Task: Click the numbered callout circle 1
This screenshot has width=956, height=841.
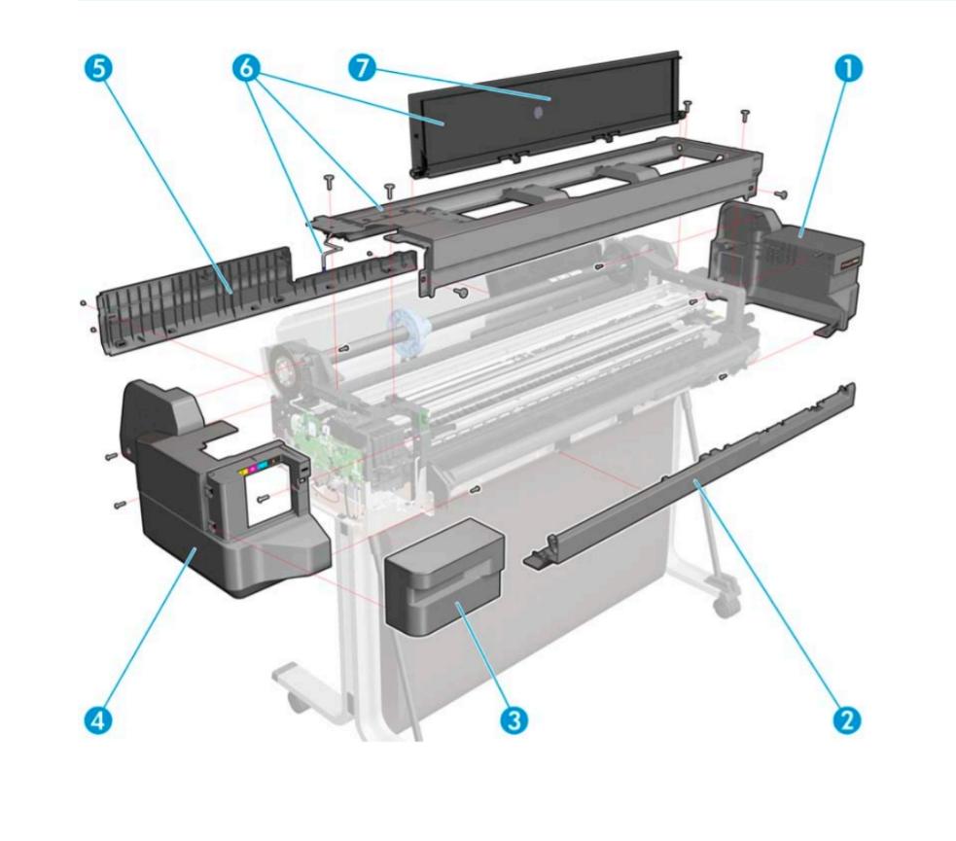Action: coord(848,70)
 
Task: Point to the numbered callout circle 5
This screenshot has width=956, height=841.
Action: coord(100,70)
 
